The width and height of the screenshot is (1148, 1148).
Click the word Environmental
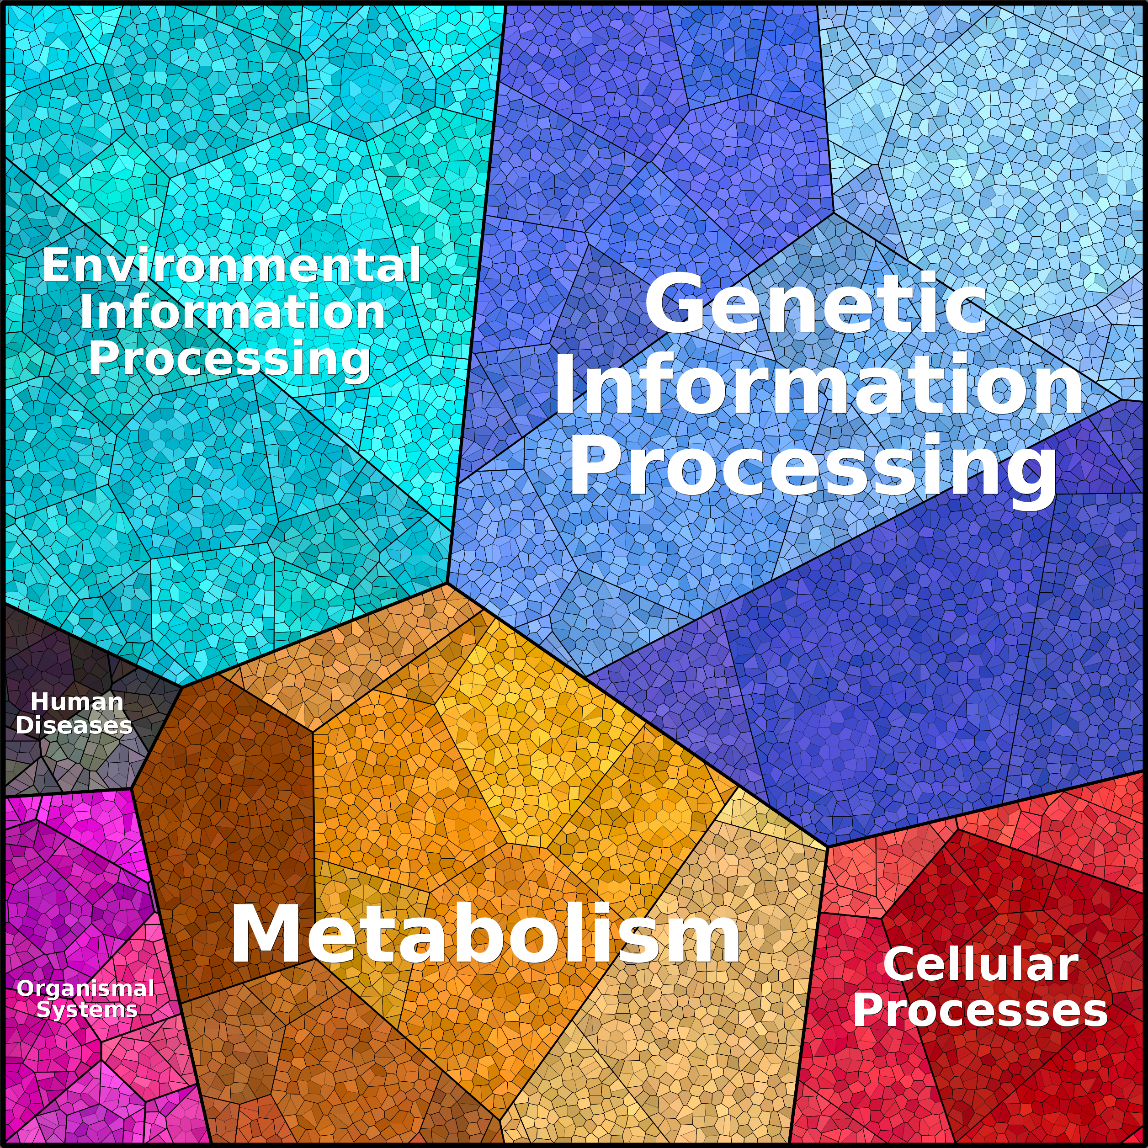[x=232, y=265]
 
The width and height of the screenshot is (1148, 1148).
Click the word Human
[x=77, y=702]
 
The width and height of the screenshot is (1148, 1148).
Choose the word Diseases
[x=74, y=726]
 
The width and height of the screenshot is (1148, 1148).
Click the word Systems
[x=87, y=1010]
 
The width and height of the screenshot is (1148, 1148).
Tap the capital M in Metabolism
[x=267, y=934]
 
